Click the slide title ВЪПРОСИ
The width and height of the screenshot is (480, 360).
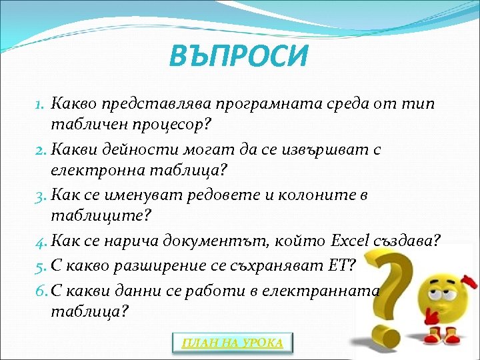point(239,56)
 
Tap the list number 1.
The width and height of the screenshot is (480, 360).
point(39,105)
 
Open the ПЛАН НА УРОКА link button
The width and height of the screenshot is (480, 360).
point(233,343)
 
